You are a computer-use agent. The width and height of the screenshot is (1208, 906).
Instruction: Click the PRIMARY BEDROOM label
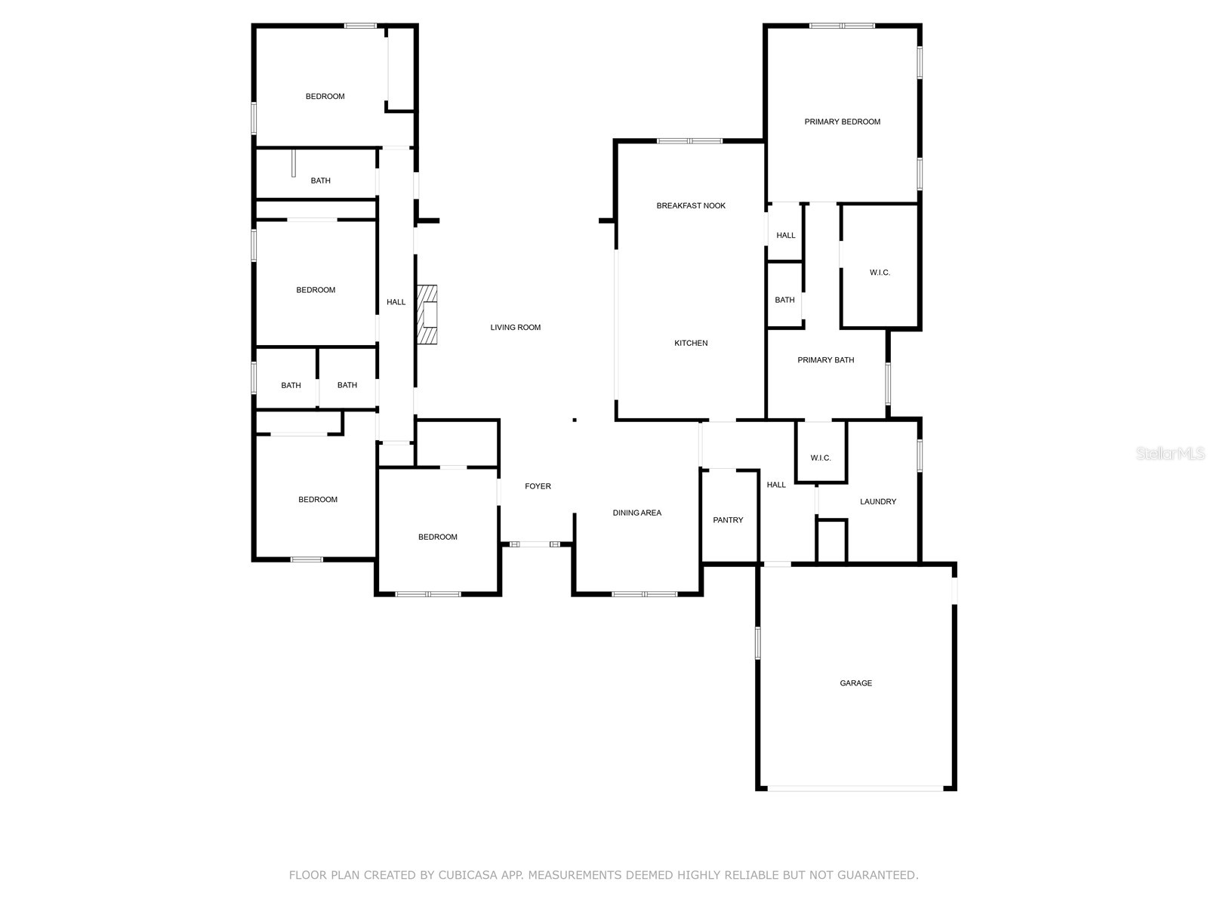point(842,122)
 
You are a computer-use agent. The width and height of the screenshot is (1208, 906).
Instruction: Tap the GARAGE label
point(855,683)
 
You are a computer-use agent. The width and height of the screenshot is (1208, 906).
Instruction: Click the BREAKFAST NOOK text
point(691,205)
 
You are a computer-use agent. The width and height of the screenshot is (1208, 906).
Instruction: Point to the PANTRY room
point(728,520)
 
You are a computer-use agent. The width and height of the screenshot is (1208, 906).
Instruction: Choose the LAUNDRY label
point(878,501)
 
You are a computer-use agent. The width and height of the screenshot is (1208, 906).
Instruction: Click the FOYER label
point(538,486)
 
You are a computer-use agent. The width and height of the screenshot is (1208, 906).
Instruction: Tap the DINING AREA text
point(636,513)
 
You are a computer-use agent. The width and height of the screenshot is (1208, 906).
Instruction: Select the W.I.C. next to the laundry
point(821,458)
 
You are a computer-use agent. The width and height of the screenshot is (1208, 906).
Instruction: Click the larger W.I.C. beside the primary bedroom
point(880,273)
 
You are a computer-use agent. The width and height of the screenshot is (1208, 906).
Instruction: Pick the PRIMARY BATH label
point(825,360)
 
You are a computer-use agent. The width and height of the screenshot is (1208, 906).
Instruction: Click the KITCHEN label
point(691,343)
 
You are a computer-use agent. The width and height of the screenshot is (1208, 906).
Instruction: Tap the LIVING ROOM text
point(516,327)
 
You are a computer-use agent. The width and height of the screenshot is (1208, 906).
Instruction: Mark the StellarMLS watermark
point(1169,454)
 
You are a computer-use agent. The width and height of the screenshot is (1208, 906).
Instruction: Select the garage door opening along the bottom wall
point(855,788)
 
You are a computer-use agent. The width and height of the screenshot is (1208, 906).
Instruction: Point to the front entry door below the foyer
point(535,544)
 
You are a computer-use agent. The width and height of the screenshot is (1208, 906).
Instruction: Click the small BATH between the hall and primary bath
point(784,300)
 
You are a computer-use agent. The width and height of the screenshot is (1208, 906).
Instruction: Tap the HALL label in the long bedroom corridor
point(396,302)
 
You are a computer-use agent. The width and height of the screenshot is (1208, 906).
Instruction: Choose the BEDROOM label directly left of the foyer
point(437,537)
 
